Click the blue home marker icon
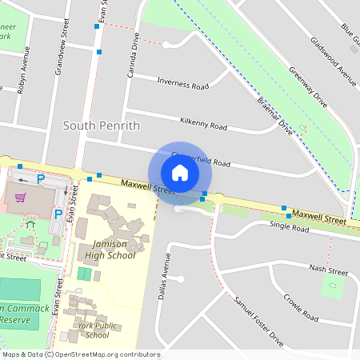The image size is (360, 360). coord(180,172)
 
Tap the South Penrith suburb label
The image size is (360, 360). coord(101,126)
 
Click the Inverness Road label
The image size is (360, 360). coord(183,83)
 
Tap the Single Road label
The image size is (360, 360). coord(289,227)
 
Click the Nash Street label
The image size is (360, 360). coord(328,270)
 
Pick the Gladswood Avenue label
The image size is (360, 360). coord(333,60)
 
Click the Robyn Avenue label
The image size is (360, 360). coord(24,74)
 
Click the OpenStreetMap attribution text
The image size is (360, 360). coord(81,354)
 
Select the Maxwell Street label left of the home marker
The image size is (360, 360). coord(148,188)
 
